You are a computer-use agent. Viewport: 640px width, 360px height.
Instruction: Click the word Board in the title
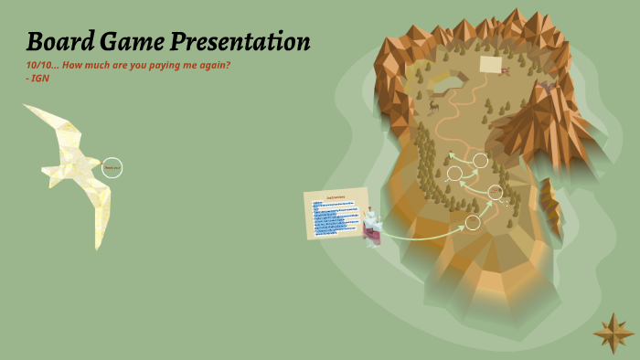pyautogui.click(x=59, y=42)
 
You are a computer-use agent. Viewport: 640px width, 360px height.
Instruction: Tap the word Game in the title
pyautogui.click(x=127, y=42)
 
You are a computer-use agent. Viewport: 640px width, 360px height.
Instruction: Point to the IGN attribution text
pyautogui.click(x=38, y=78)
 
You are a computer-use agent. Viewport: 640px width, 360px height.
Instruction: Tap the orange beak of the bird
pyautogui.click(x=27, y=108)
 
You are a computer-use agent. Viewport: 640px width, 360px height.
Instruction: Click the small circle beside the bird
pyautogui.click(x=112, y=167)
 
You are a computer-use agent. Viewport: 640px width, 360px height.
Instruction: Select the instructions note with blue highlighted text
pyautogui.click(x=336, y=214)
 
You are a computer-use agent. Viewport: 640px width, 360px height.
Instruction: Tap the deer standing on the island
pyautogui.click(x=434, y=106)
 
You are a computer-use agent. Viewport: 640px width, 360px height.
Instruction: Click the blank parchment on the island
pyautogui.click(x=491, y=65)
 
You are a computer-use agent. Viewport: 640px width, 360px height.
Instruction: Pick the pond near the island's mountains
pyautogui.click(x=443, y=79)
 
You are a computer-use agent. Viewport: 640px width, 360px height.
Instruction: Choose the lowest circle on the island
pyautogui.click(x=473, y=222)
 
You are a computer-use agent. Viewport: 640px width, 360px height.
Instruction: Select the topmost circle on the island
pyautogui.click(x=480, y=161)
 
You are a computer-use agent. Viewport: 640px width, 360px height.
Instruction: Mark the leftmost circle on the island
pyautogui.click(x=454, y=173)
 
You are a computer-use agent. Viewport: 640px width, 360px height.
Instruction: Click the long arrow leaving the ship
pyautogui.click(x=421, y=232)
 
